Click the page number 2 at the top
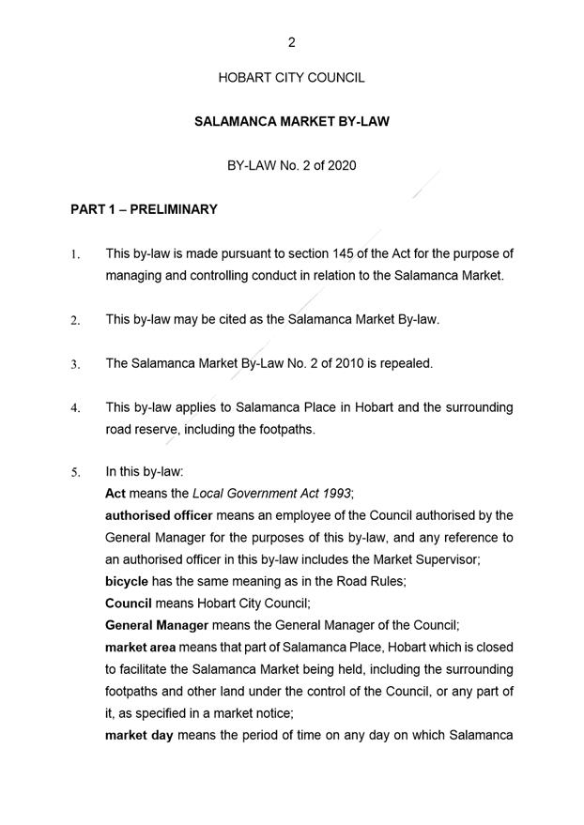pos(292,42)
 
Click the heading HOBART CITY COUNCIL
pos(291,78)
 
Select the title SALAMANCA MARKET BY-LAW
pos(291,122)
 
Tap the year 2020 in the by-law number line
pos(341,165)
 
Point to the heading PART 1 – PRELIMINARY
pos(144,209)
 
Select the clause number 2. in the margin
pos(75,320)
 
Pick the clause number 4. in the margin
pos(75,408)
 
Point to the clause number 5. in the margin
pos(75,473)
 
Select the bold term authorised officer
pos(159,515)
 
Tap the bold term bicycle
pos(127,581)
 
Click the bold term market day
pos(139,734)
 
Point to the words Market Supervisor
pos(453,559)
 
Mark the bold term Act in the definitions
pos(115,494)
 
